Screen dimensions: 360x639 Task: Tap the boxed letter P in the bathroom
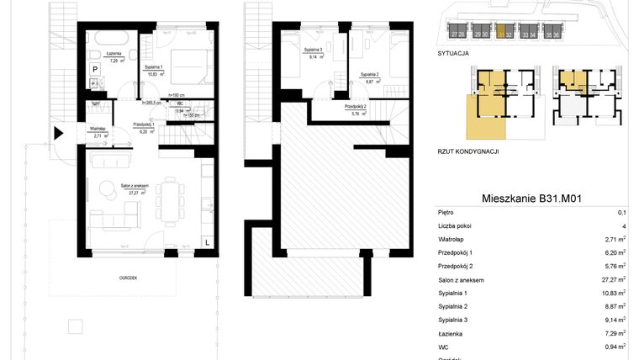click(95, 70)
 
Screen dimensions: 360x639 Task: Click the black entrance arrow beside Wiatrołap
click(57, 133)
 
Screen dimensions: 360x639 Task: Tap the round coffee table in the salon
click(108, 190)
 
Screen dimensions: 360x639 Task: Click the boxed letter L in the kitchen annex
click(207, 242)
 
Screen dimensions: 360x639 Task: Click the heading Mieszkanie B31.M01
click(532, 199)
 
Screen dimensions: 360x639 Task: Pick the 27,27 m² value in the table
click(612, 280)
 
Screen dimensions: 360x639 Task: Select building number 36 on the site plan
click(557, 34)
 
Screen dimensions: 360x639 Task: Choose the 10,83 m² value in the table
click(612, 294)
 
